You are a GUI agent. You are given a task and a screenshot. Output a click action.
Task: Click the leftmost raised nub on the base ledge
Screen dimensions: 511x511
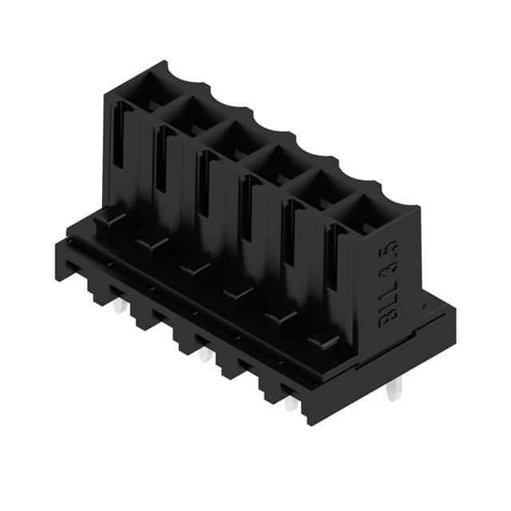click(108, 216)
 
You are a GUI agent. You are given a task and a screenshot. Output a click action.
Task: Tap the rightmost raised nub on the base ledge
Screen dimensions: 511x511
click(323, 342)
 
